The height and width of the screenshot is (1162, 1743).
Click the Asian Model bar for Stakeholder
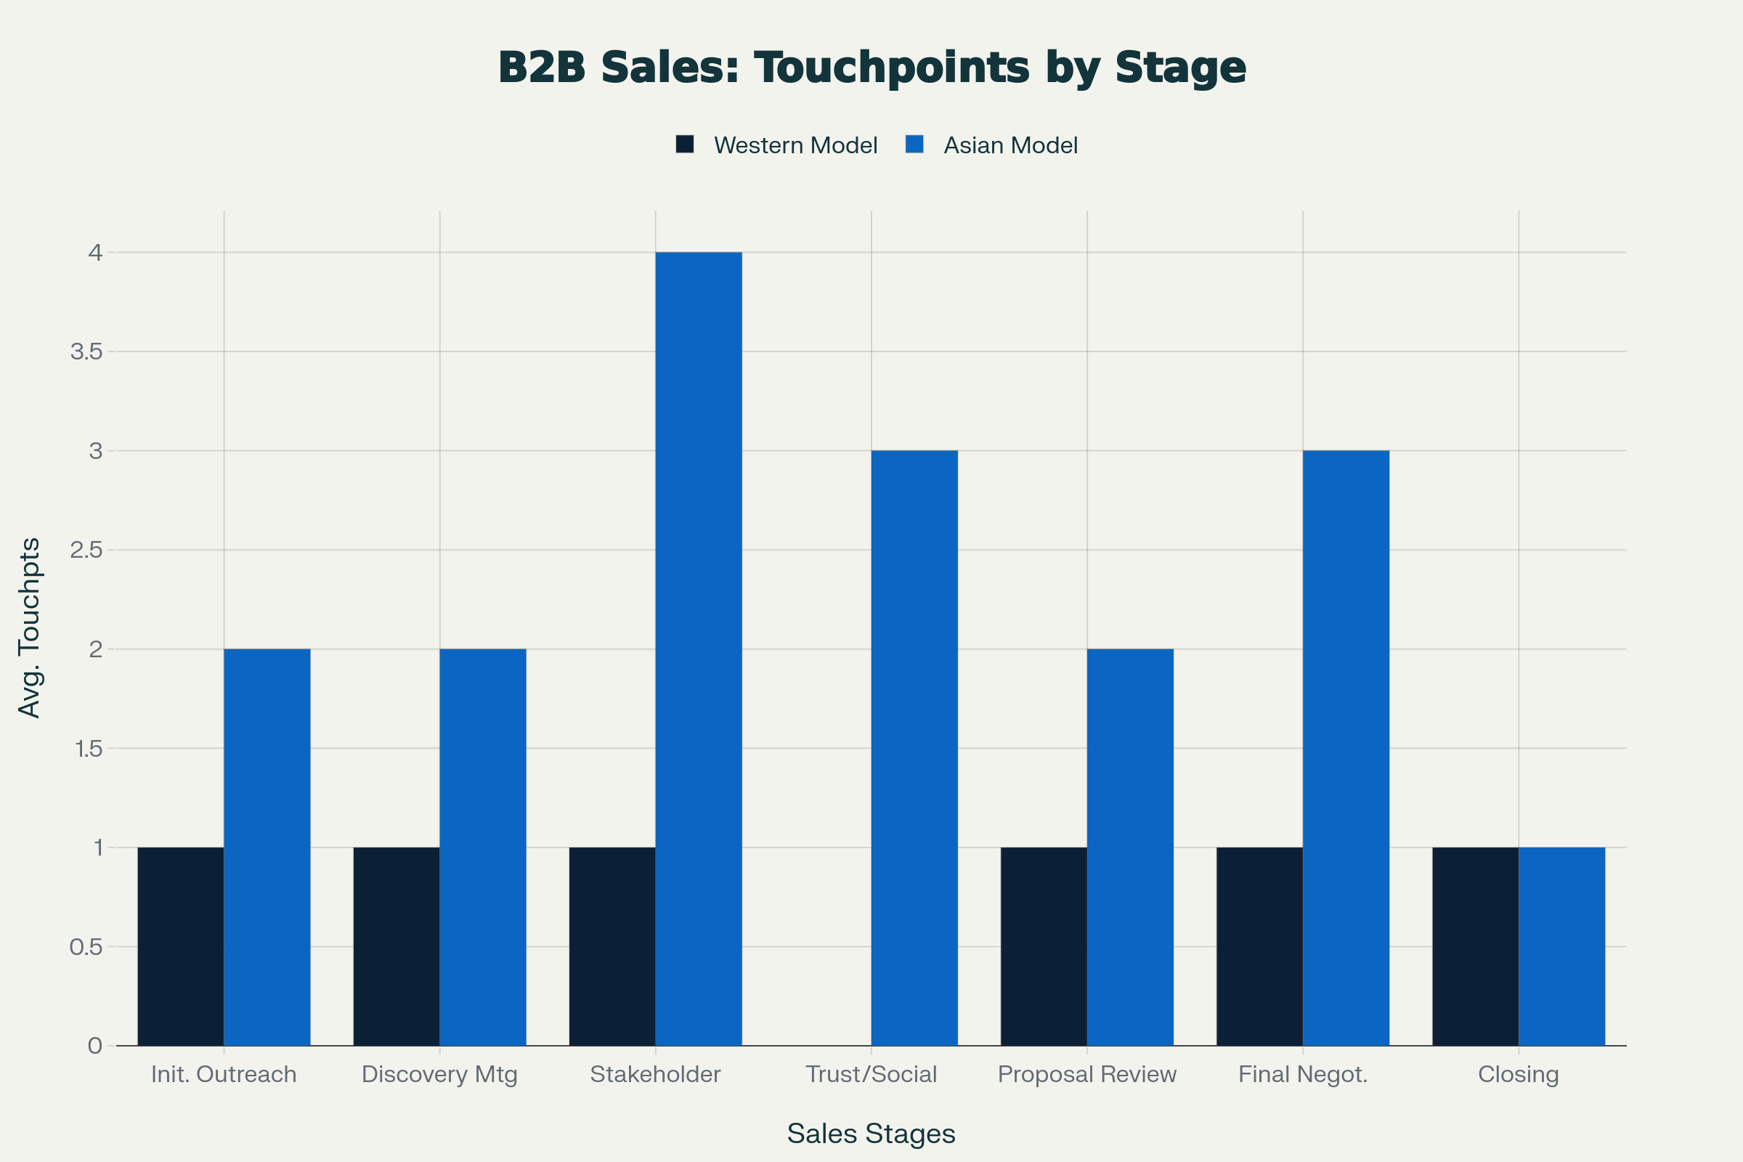(x=698, y=649)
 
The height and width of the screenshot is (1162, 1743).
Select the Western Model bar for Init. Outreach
(x=181, y=946)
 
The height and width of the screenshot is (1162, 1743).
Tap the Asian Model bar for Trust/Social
(x=914, y=748)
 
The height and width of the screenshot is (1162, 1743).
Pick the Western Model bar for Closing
(x=1476, y=946)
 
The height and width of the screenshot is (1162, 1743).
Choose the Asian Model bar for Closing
(x=1561, y=946)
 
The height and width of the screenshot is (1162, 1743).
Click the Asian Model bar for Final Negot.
(x=1346, y=748)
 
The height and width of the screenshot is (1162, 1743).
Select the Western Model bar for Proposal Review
(x=1044, y=946)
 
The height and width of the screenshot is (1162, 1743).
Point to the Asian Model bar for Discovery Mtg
(x=482, y=847)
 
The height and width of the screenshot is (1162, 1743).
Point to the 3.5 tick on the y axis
(x=86, y=352)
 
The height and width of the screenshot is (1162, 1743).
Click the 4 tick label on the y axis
(x=95, y=253)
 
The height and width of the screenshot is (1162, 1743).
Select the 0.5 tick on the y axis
(x=86, y=947)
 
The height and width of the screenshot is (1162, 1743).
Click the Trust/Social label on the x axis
(x=871, y=1074)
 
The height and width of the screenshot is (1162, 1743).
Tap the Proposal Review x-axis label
(x=1087, y=1074)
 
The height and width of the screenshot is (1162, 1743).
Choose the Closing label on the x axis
(x=1519, y=1074)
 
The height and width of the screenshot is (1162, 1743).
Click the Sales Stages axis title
(x=871, y=1133)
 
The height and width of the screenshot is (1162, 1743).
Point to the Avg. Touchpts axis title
(x=29, y=627)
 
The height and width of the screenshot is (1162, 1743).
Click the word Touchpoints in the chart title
(x=892, y=68)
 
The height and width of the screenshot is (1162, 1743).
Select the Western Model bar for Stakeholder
(x=612, y=946)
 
